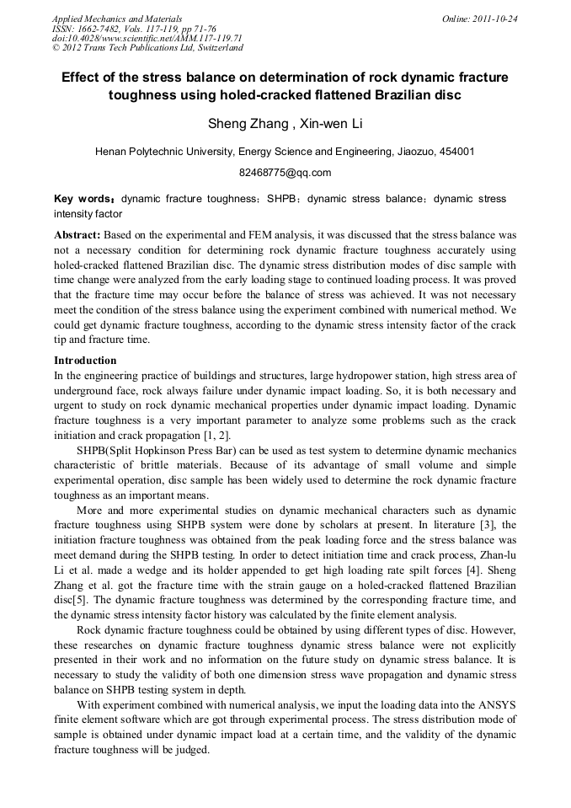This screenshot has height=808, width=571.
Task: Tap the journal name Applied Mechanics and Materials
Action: tap(116, 19)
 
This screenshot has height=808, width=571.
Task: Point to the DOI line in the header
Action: tap(147, 39)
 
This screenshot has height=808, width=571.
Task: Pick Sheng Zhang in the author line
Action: tap(243, 124)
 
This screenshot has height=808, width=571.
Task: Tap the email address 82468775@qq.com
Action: tap(285, 173)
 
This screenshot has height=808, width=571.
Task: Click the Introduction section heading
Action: tap(85, 360)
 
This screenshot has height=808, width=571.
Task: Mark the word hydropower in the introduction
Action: tap(364, 374)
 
